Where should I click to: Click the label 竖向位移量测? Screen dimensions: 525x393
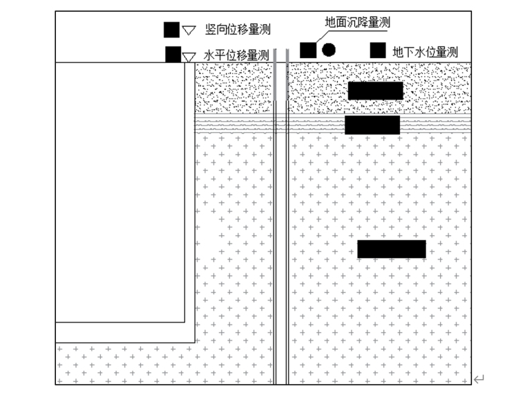tap(238, 30)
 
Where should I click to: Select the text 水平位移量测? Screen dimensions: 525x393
tap(236, 55)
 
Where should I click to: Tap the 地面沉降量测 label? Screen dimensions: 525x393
tap(358, 23)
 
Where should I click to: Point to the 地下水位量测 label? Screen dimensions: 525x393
tap(425, 51)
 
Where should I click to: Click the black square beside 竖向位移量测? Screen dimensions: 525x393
tap(171, 30)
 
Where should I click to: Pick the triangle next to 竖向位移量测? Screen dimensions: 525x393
tap(189, 30)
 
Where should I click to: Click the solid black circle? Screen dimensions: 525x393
tap(329, 50)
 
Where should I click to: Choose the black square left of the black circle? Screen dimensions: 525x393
tap(308, 50)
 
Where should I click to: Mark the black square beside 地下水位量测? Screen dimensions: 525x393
tap(378, 51)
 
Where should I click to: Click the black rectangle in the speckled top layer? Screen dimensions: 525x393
tap(375, 91)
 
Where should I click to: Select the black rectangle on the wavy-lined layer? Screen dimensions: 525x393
tap(372, 125)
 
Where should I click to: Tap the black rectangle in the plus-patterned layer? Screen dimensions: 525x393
tap(391, 248)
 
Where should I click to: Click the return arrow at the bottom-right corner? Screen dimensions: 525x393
tap(479, 378)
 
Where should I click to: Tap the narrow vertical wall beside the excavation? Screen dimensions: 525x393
tap(190, 201)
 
